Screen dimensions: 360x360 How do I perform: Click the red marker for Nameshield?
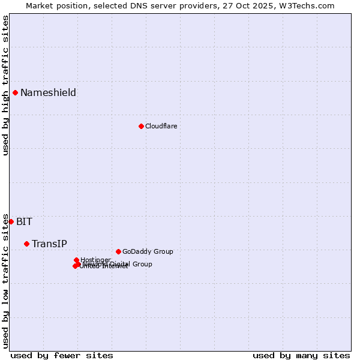coord(15,92)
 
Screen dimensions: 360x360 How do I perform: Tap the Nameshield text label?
coord(48,92)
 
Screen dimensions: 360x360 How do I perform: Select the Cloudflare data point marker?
coord(141,126)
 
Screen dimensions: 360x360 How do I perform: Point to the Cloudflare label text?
coord(161,126)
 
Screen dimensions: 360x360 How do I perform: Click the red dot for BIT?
coord(11,221)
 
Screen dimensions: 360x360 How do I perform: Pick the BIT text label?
coord(24,221)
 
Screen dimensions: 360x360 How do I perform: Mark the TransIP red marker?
coord(26,244)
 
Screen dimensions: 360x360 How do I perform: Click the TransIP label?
coord(49,244)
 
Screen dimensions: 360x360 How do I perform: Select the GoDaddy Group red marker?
coord(118,251)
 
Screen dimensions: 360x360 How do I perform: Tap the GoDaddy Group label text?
coord(147,251)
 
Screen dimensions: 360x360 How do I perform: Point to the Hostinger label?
coord(95,259)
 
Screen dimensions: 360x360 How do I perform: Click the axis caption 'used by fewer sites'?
coord(62,355)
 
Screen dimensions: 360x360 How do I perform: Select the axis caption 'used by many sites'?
coord(301,355)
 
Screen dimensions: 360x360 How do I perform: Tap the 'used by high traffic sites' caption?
coord(5,85)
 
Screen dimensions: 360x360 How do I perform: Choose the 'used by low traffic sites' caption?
coord(5,281)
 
